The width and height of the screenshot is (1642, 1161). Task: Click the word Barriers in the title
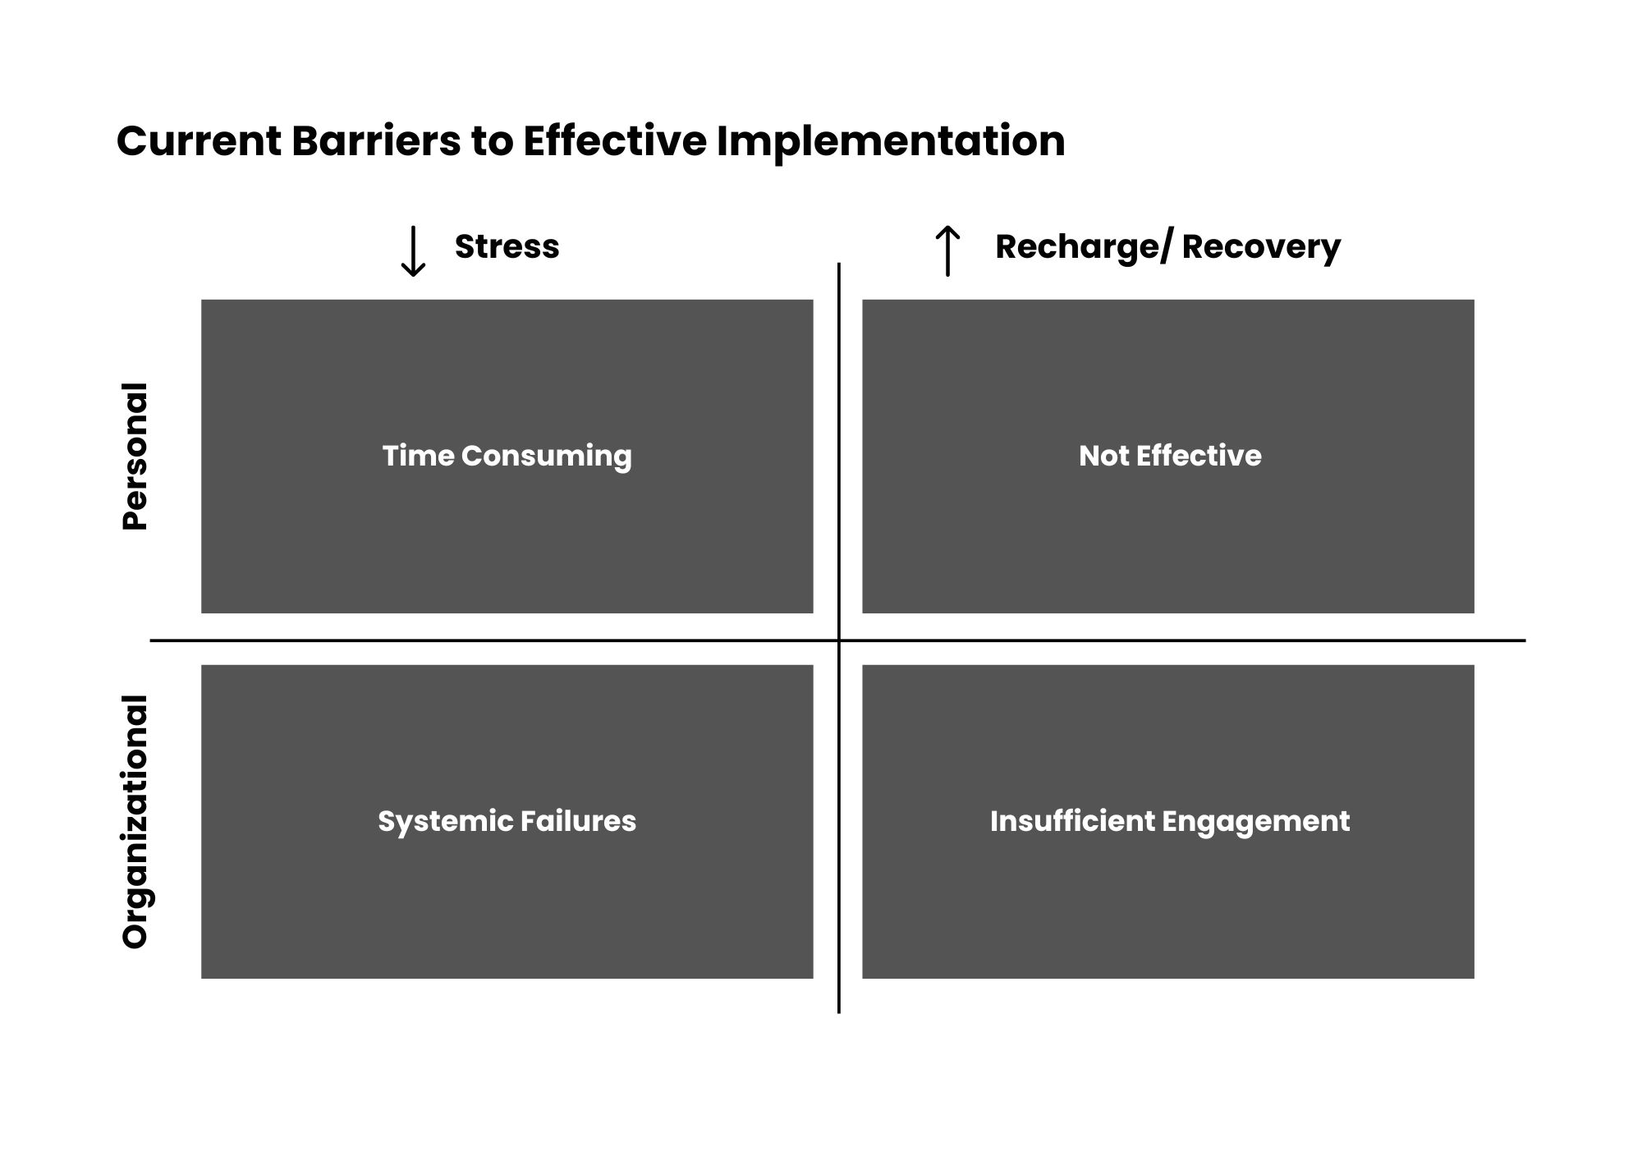point(375,141)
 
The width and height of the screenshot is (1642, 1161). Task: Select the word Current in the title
point(199,141)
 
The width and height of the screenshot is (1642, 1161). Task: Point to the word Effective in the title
point(615,141)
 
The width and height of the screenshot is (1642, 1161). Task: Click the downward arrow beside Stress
point(412,251)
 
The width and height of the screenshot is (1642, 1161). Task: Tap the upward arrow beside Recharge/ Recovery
point(947,250)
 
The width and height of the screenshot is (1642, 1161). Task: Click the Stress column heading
point(507,246)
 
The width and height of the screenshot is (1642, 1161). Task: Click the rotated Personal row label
point(135,457)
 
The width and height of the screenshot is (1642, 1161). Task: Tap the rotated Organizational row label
point(135,822)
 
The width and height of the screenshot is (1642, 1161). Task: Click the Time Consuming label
point(507,457)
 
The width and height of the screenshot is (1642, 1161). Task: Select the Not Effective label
point(1170,456)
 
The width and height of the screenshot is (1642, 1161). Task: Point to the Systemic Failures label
point(507,822)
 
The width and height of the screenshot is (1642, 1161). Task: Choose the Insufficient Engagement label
point(1170,822)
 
